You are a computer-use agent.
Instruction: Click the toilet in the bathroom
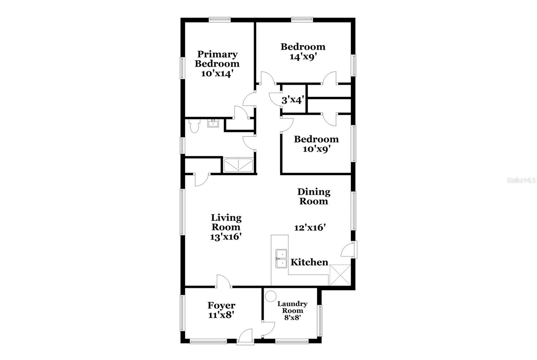194,126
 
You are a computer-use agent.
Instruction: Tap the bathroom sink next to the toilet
213,124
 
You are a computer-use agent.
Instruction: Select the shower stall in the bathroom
238,165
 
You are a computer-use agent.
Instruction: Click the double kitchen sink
281,259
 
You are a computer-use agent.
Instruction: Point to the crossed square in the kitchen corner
340,275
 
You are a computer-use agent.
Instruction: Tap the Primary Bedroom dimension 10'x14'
217,74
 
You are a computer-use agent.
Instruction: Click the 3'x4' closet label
293,100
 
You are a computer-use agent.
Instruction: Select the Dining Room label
314,196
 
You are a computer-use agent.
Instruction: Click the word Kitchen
309,262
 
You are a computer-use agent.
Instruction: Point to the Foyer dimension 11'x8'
221,315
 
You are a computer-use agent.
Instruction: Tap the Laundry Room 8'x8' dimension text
292,317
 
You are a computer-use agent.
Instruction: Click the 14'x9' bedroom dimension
303,56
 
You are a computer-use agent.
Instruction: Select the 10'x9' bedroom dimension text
316,149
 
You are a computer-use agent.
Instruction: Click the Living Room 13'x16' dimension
226,237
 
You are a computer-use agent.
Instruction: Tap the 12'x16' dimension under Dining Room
310,228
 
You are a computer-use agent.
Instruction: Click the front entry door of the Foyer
245,337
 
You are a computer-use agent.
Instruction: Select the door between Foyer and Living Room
223,282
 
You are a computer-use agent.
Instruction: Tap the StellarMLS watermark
521,180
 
